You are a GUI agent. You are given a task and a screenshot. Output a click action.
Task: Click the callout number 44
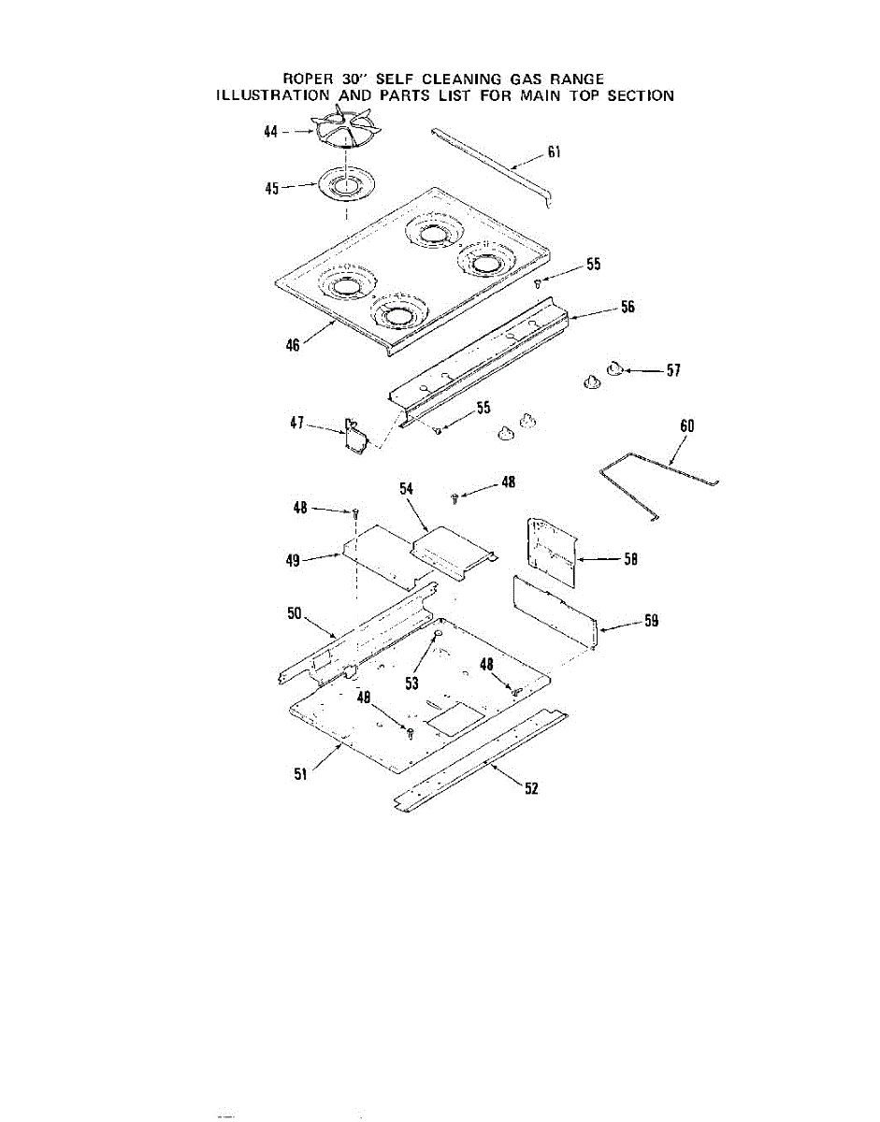pos(270,134)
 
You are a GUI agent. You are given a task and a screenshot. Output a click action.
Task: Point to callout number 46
pos(293,345)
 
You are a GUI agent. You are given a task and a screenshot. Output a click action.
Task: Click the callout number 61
pos(554,153)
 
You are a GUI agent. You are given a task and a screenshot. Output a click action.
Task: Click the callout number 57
pos(672,371)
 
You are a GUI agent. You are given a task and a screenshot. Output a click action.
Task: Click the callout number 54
pos(406,488)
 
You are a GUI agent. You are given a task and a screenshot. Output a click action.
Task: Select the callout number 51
pos(301,773)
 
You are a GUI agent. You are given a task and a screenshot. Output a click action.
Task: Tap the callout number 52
pos(531,788)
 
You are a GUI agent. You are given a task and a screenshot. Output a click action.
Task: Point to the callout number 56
pos(627,307)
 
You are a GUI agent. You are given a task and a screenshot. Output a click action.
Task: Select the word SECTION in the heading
pos(641,95)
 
